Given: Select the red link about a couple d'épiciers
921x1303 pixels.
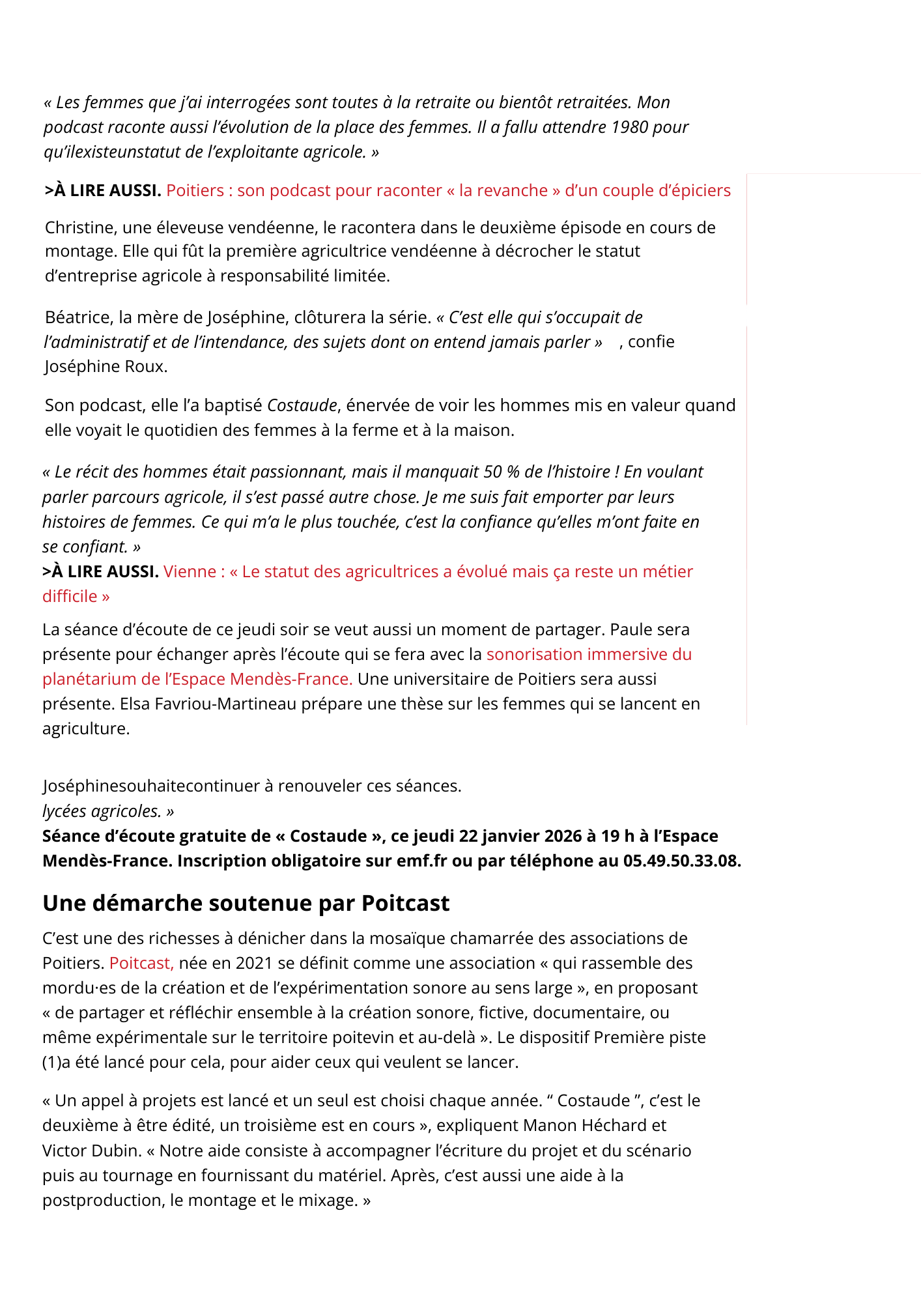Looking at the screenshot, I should coord(448,190).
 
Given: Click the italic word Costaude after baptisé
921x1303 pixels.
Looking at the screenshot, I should coord(302,405).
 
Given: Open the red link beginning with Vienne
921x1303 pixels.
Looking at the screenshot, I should coord(428,571).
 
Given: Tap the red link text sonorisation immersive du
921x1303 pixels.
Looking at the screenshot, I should coord(589,654).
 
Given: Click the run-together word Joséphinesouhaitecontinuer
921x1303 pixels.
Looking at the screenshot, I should coord(151,786).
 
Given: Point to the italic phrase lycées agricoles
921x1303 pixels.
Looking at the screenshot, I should coord(102,811).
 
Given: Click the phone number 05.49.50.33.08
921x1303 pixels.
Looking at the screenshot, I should coord(681,861).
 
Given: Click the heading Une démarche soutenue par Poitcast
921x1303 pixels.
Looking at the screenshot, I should coord(246,903).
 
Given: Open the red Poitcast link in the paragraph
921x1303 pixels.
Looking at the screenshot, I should coord(141,963).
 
